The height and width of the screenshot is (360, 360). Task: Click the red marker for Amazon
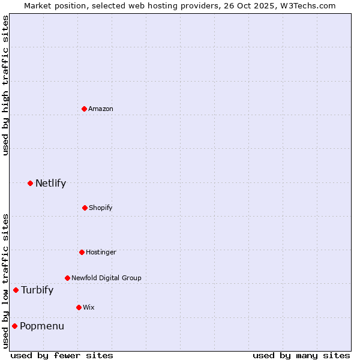pyautogui.click(x=85, y=109)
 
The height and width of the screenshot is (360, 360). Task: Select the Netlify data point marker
pyautogui.click(x=30, y=183)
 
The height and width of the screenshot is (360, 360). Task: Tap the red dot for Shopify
pyautogui.click(x=85, y=208)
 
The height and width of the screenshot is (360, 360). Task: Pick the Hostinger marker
pyautogui.click(x=82, y=252)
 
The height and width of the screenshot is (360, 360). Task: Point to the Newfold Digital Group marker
pyautogui.click(x=67, y=278)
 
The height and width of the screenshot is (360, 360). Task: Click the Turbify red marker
pyautogui.click(x=16, y=290)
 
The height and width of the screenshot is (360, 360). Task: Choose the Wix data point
pyautogui.click(x=79, y=307)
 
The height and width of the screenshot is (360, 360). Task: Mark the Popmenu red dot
pyautogui.click(x=14, y=326)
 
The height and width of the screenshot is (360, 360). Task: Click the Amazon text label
pyautogui.click(x=101, y=109)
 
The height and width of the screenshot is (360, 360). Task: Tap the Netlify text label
pyautogui.click(x=50, y=183)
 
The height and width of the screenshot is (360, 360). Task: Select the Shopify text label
pyautogui.click(x=101, y=208)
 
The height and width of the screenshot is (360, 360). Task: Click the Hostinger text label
pyautogui.click(x=101, y=252)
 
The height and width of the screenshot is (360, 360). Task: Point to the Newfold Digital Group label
pyautogui.click(x=106, y=278)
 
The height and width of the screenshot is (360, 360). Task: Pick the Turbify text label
pyautogui.click(x=37, y=290)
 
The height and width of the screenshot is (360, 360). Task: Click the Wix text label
pyautogui.click(x=89, y=307)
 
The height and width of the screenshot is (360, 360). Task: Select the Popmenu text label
pyautogui.click(x=42, y=326)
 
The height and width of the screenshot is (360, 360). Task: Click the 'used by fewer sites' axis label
pyautogui.click(x=62, y=355)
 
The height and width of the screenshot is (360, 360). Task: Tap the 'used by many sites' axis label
pyautogui.click(x=301, y=355)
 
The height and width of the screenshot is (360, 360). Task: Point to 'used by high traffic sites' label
pyautogui.click(x=5, y=85)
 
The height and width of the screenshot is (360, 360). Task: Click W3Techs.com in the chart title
pyautogui.click(x=307, y=5)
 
